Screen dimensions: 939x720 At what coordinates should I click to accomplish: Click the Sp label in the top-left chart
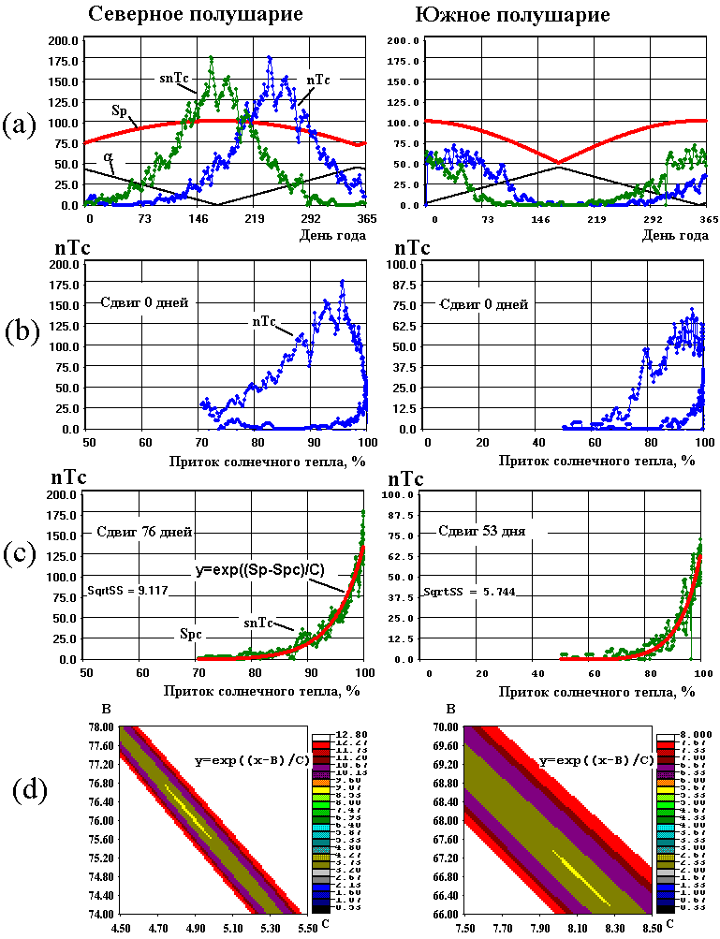click(120, 110)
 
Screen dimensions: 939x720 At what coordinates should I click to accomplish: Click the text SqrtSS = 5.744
click(458, 591)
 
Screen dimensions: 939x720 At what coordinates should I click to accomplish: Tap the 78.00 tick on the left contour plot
click(101, 726)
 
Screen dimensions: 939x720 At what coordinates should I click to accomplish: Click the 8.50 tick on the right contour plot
click(639, 927)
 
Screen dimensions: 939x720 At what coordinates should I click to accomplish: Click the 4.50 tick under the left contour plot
click(120, 927)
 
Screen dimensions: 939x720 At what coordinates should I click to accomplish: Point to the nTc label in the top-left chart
click(318, 81)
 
